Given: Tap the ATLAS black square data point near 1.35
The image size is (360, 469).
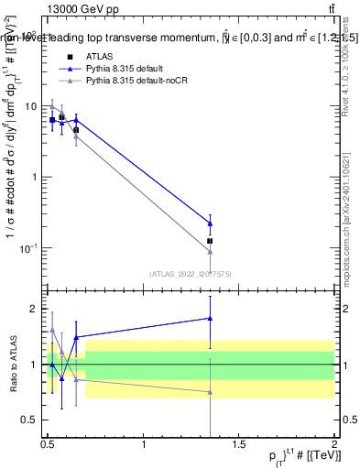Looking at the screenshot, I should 211,241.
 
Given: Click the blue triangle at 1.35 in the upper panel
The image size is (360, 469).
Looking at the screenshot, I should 211,223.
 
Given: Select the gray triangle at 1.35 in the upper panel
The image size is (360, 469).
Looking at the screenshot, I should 211,252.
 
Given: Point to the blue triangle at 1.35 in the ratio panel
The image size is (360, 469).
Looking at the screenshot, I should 211,319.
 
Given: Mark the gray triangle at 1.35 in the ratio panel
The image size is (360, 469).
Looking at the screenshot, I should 211,392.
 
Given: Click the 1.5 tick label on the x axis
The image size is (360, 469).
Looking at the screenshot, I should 239,444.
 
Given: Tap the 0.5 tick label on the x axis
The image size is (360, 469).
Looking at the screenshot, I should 49,444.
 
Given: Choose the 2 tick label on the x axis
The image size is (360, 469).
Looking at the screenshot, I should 334,444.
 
